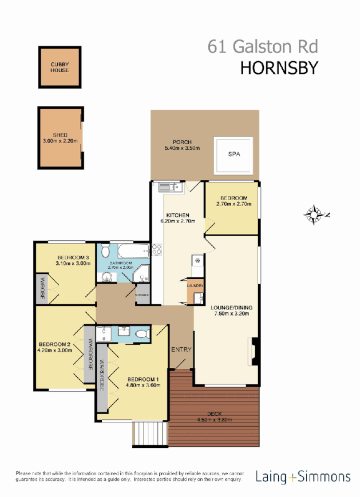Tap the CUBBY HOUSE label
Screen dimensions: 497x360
pyautogui.click(x=60, y=67)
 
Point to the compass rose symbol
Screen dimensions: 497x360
pyautogui.click(x=313, y=215)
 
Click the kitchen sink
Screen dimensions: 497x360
pyautogui.click(x=168, y=187)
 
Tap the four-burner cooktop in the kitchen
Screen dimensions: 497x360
pyautogui.click(x=157, y=250)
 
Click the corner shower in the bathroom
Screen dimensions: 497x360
pyautogui.click(x=141, y=274)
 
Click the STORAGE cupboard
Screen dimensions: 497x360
pyautogui.click(x=143, y=295)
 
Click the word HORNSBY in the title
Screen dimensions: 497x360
pyautogui.click(x=278, y=68)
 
